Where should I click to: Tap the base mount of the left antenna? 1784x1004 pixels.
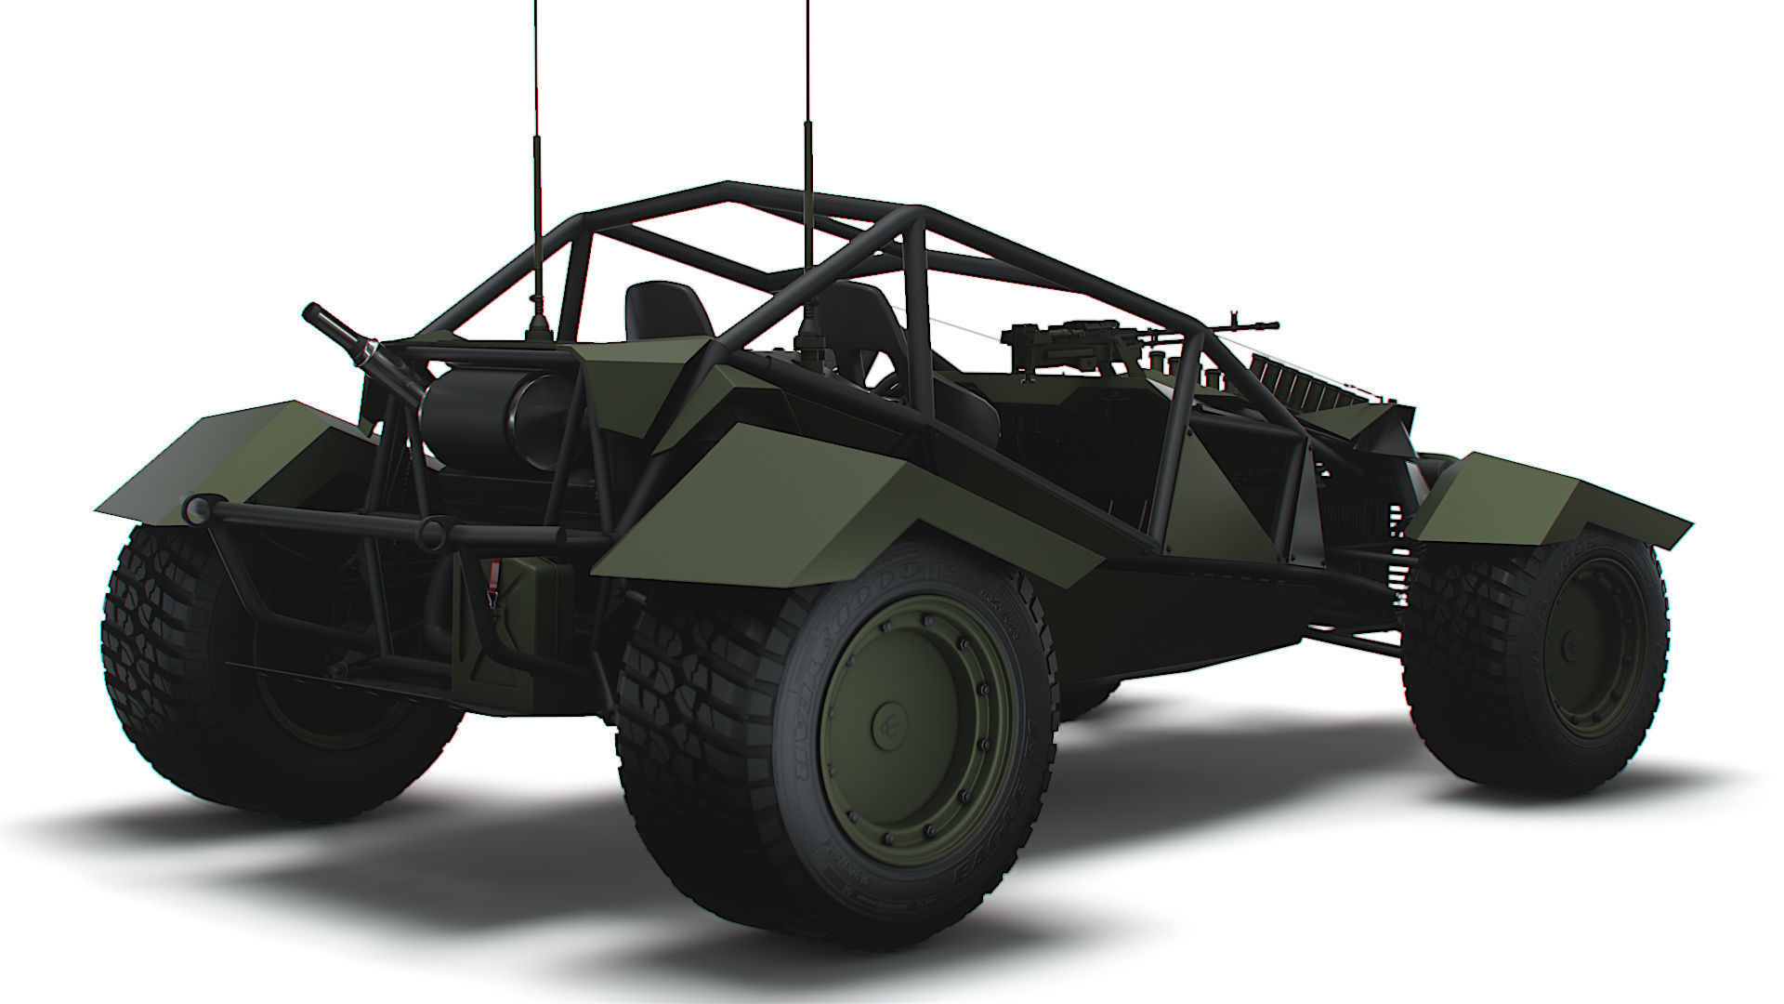point(538,325)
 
